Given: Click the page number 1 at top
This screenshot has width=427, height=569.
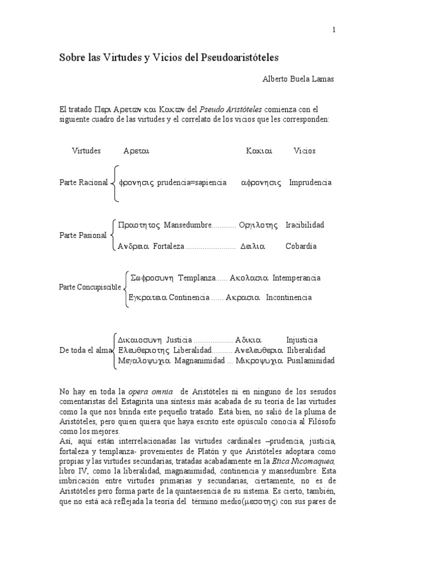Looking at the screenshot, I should (334, 31).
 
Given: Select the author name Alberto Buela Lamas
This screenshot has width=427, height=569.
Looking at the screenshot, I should (299, 79).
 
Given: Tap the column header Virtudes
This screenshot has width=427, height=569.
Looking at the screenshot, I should (86, 151).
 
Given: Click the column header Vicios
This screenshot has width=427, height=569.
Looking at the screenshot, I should (304, 151).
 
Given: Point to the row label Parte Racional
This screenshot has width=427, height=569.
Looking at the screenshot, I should (83, 183).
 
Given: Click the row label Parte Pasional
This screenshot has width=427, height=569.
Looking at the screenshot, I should (83, 236).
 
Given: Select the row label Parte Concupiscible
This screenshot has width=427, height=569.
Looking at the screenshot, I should (90, 287).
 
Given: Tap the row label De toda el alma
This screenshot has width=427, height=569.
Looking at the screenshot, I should (85, 351).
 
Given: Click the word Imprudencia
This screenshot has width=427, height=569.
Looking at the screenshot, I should (310, 183).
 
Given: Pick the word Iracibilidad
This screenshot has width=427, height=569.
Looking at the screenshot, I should (305, 225).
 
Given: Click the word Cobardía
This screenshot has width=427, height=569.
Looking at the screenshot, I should (301, 246).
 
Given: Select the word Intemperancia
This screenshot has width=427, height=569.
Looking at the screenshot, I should (296, 278).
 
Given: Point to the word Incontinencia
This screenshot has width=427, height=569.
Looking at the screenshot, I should (289, 297).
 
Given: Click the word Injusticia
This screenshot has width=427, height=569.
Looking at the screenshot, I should (302, 340).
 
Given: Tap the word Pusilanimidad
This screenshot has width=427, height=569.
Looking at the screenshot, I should (311, 361).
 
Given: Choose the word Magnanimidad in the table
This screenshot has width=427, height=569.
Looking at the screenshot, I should (200, 361).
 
